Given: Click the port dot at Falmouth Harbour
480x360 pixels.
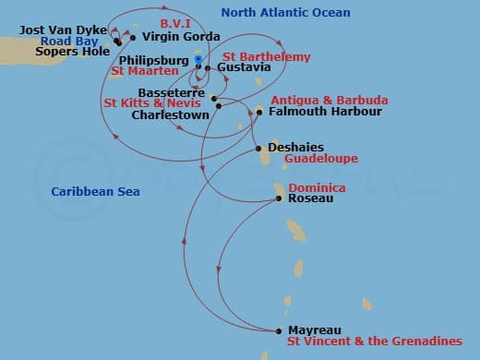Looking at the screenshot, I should (259, 112).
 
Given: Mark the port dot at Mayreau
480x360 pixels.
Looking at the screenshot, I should (279, 330).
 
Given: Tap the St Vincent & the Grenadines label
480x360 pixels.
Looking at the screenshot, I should (374, 342).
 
